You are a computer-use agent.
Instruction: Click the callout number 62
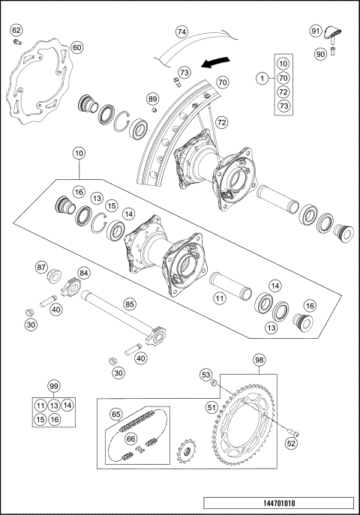coord(16,30)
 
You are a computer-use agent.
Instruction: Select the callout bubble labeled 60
coord(76,47)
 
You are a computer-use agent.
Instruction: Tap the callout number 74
coord(181,32)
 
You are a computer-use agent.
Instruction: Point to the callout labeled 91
coord(316,30)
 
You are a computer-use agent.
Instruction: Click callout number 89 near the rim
coord(153,99)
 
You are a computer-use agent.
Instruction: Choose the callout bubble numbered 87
coord(42,266)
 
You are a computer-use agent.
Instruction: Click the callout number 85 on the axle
coord(130,304)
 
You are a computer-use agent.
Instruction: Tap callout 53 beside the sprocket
coord(205,373)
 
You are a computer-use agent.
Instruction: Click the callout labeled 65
coord(116,414)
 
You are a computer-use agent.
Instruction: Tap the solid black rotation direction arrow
coord(217,59)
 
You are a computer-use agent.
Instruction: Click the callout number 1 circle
coord(262,77)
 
